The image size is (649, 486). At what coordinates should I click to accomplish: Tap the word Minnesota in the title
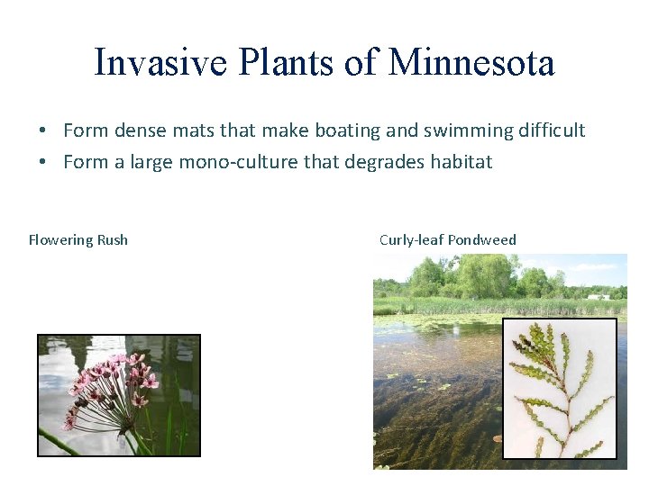471,63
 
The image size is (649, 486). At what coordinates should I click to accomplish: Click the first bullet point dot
43,131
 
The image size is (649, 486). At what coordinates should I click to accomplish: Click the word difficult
551,130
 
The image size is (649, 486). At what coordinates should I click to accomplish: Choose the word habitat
460,163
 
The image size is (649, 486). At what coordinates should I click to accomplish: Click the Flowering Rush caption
78,240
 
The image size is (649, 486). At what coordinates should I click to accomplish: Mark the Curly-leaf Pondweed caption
448,240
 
